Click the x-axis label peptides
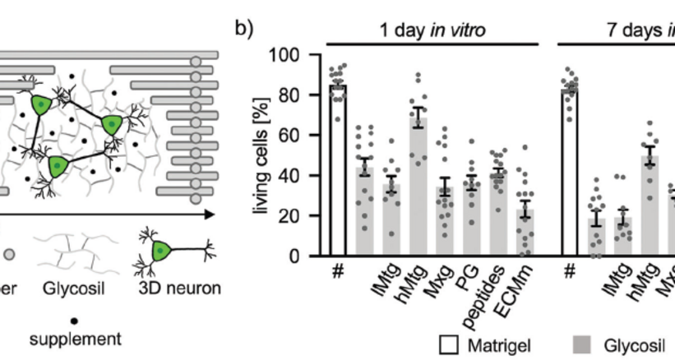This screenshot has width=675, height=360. click(490, 290)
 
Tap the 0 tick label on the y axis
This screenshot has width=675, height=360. click(302, 256)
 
